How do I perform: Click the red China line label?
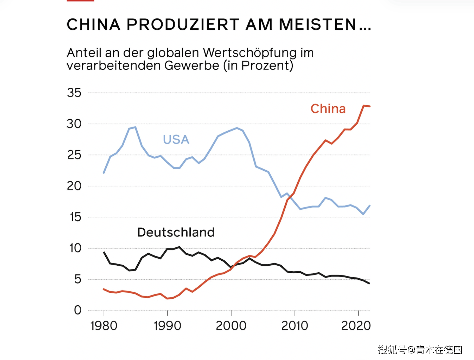328,109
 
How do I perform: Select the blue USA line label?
176,140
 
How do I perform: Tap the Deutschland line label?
176,232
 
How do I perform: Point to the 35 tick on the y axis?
74,93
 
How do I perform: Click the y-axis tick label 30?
74,124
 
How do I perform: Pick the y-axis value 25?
74,155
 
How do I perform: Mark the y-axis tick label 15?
75,217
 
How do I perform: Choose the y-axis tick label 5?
78,279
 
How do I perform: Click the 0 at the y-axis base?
78,310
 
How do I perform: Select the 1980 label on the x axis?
104,326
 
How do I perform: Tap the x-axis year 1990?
167,326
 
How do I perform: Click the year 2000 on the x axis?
231,326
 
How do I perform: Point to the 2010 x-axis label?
295,326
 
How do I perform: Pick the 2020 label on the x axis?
356,326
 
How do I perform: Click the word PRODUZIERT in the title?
183,25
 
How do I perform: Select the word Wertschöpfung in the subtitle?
250,53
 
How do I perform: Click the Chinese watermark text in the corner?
420,350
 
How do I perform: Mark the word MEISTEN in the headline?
317,25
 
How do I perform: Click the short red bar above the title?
80,1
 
